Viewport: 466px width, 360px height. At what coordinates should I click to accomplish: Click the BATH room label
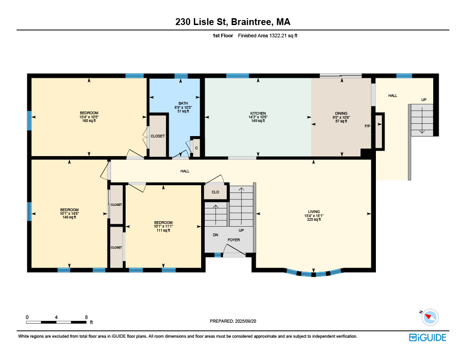tap(183, 103)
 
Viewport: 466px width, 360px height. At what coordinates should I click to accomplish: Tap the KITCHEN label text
tap(258, 113)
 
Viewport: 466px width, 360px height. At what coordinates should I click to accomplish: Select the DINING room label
tap(341, 113)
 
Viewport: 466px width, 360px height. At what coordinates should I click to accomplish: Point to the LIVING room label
tap(314, 212)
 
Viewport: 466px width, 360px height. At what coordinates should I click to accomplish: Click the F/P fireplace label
tap(367, 126)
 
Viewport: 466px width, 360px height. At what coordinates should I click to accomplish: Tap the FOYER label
tap(233, 240)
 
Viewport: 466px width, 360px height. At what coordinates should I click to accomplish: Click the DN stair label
tap(215, 235)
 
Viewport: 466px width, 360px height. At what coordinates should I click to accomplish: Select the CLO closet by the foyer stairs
tap(215, 192)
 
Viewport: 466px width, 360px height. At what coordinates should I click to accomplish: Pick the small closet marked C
tap(197, 148)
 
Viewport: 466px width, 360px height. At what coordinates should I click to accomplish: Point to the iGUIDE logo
tap(428, 337)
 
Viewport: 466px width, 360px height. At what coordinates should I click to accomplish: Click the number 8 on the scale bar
tap(86, 317)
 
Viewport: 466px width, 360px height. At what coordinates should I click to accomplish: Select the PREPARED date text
tap(233, 321)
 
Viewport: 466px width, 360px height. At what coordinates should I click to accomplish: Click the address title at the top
tap(233, 22)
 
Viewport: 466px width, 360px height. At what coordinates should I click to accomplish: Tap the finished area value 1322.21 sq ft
tap(283, 35)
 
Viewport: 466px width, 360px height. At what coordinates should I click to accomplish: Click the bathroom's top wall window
tap(181, 76)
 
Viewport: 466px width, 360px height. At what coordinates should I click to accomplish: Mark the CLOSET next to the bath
tap(157, 136)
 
